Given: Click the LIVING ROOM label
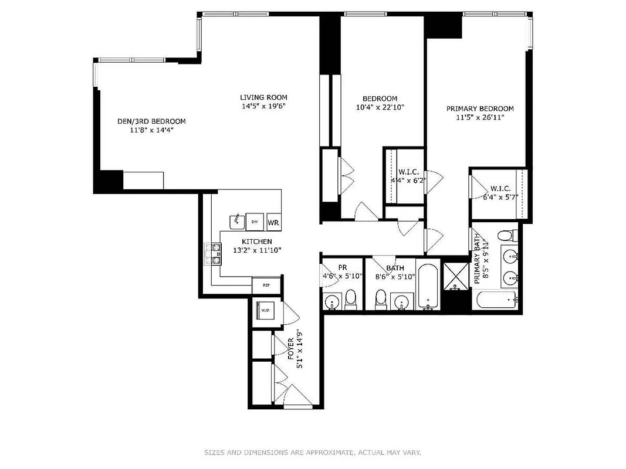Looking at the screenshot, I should (x=263, y=97).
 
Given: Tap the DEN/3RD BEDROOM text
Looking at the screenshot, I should (x=151, y=121).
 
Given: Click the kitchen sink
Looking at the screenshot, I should (x=236, y=222).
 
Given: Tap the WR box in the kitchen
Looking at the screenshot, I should (x=273, y=222).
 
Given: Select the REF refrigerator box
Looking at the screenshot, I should (x=266, y=286).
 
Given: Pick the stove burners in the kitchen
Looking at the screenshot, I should (x=212, y=253).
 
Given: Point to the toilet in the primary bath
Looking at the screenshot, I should (x=505, y=236).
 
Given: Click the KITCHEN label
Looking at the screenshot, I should (x=256, y=242).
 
